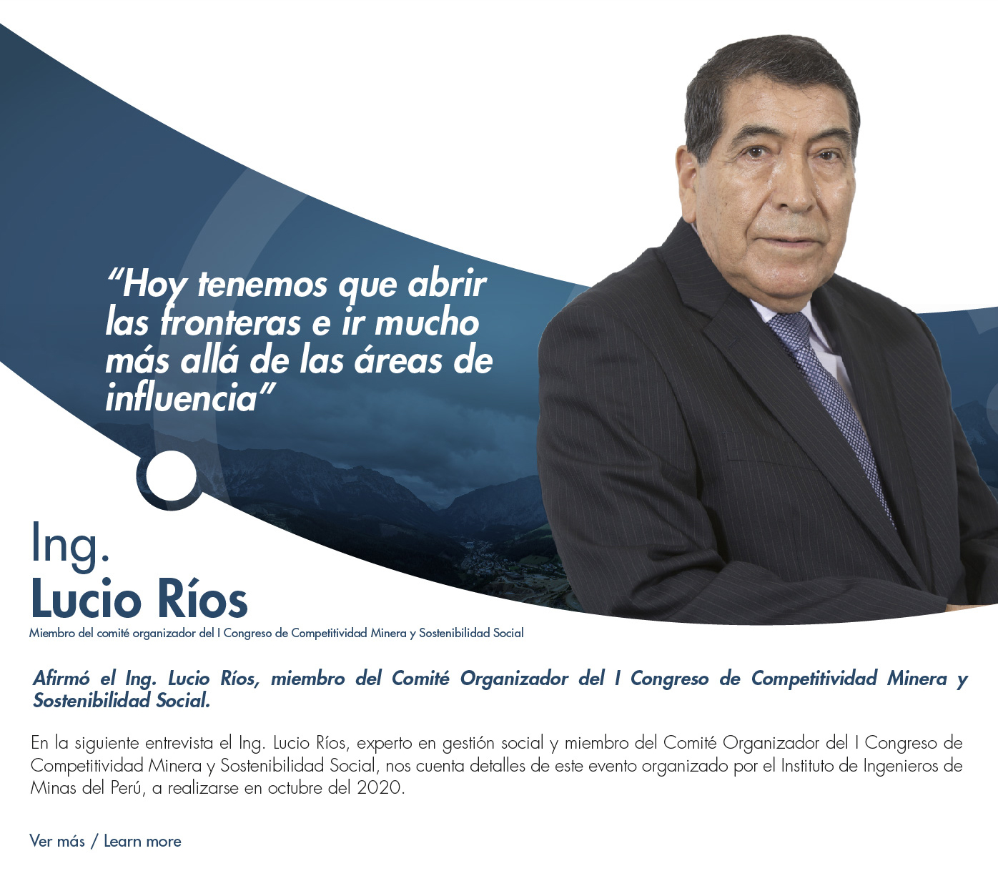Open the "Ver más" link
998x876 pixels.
point(57,841)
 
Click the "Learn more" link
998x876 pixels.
point(142,841)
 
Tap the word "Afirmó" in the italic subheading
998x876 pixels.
point(61,679)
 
